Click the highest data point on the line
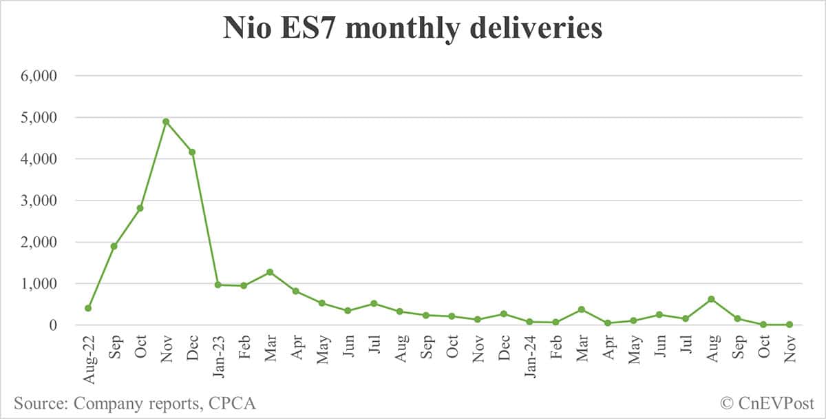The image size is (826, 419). (x=166, y=121)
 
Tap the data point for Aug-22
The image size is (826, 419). (x=88, y=308)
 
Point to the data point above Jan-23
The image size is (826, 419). (x=218, y=285)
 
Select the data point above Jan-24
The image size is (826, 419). (x=529, y=322)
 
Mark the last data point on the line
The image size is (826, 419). (x=789, y=325)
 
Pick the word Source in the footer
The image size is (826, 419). (x=38, y=403)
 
